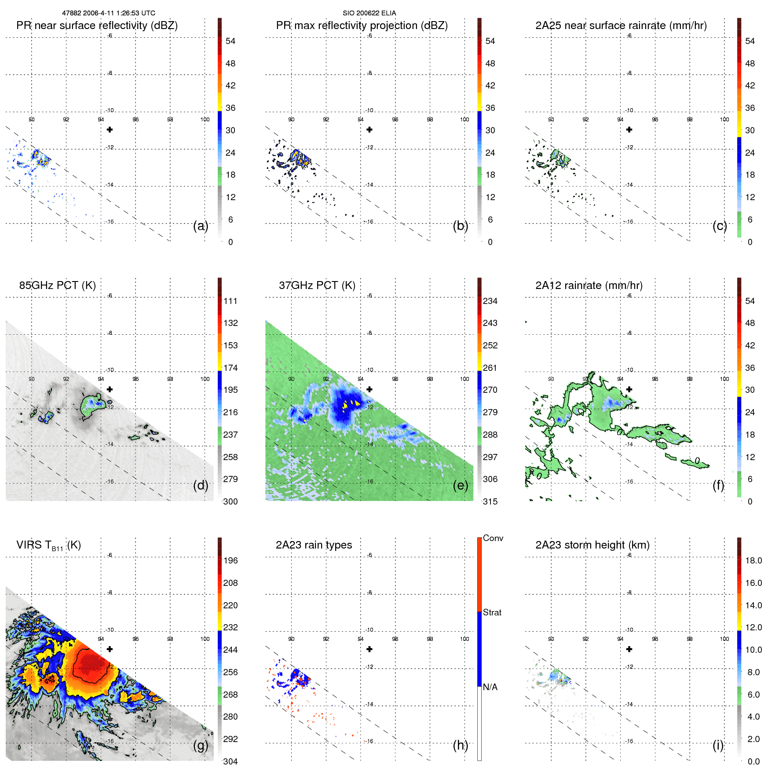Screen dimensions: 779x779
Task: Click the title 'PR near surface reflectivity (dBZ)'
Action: click(x=97, y=26)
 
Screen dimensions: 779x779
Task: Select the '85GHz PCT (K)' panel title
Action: click(x=57, y=285)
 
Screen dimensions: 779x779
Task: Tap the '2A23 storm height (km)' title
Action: click(x=592, y=545)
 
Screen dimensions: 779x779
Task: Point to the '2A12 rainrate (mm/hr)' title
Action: click(x=589, y=285)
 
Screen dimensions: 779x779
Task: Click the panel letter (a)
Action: click(x=200, y=226)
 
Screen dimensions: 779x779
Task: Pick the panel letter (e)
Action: click(x=460, y=486)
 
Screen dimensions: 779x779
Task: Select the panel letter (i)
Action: click(x=717, y=745)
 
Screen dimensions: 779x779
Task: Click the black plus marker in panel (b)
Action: click(x=369, y=130)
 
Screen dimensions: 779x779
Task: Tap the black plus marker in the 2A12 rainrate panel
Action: click(x=629, y=389)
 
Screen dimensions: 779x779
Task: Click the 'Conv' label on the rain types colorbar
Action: click(x=493, y=538)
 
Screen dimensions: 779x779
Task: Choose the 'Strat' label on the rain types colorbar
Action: click(x=492, y=612)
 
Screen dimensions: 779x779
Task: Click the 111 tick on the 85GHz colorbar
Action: click(x=230, y=301)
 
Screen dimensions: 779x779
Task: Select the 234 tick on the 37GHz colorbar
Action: click(x=490, y=301)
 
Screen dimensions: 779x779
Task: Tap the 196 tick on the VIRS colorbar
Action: click(x=230, y=560)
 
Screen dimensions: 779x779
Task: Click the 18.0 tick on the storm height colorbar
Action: click(x=753, y=560)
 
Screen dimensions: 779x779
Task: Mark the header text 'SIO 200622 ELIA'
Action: click(x=369, y=13)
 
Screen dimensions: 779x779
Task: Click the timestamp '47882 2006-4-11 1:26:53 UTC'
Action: click(x=109, y=13)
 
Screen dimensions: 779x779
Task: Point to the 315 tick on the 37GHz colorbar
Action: click(x=490, y=501)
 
